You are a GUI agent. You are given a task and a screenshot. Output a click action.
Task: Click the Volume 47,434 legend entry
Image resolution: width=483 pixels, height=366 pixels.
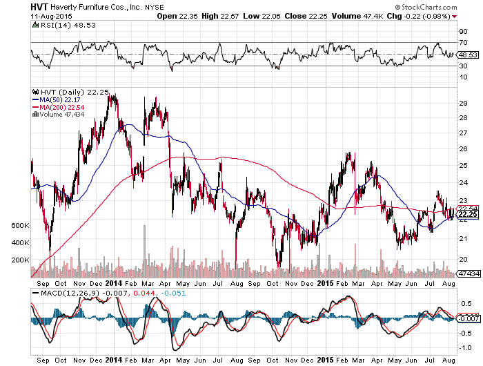point(59,115)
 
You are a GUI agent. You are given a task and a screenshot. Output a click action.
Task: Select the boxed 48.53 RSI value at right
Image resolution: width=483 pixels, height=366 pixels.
point(468,54)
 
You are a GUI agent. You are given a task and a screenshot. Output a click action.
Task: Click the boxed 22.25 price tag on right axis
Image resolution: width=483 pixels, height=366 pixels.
point(468,214)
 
